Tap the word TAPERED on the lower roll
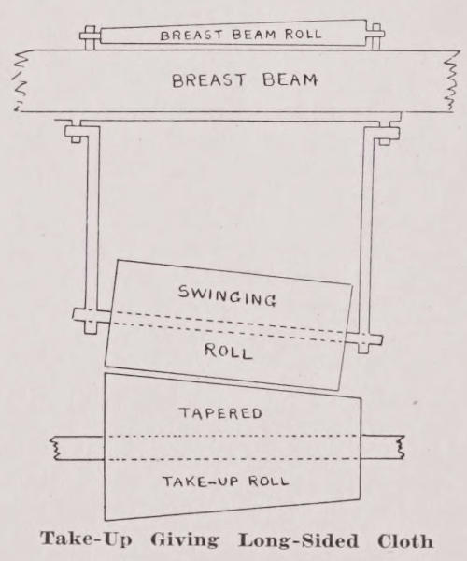[220, 413]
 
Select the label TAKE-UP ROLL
[226, 482]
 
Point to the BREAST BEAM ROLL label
[241, 35]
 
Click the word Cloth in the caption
[405, 541]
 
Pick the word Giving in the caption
[184, 541]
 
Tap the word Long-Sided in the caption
[298, 541]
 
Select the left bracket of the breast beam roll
[91, 37]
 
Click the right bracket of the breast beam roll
[375, 36]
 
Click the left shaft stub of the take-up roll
[78, 448]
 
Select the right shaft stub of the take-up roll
[382, 447]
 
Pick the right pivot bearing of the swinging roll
[363, 341]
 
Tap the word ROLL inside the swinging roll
[229, 351]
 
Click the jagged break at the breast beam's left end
[21, 80]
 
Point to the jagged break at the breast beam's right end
[451, 80]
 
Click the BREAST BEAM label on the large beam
[245, 80]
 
